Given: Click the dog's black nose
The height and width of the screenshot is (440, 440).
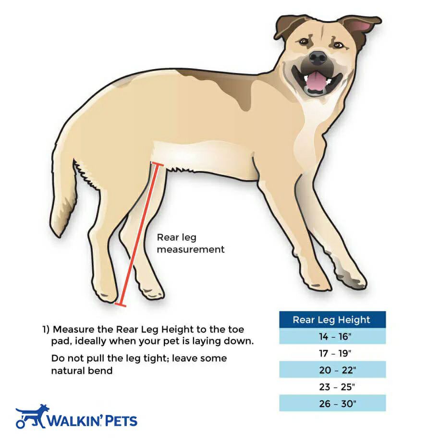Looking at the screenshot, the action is click(318, 57).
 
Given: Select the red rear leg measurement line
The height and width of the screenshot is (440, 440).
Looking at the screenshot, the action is click(139, 234).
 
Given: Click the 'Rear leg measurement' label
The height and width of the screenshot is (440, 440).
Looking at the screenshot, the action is click(191, 243).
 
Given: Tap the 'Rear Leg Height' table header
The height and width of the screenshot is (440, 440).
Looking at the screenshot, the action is click(332, 319).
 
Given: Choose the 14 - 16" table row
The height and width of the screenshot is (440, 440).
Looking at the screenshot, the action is click(332, 336).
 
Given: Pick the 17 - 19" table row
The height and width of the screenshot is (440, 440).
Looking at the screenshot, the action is click(332, 353).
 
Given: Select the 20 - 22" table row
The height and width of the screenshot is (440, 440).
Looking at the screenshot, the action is click(332, 369).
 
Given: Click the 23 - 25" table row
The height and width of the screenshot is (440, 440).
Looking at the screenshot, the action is click(332, 387).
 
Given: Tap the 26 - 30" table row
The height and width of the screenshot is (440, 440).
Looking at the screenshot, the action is click(332, 403).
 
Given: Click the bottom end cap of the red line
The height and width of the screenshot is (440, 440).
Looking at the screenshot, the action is click(121, 305).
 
